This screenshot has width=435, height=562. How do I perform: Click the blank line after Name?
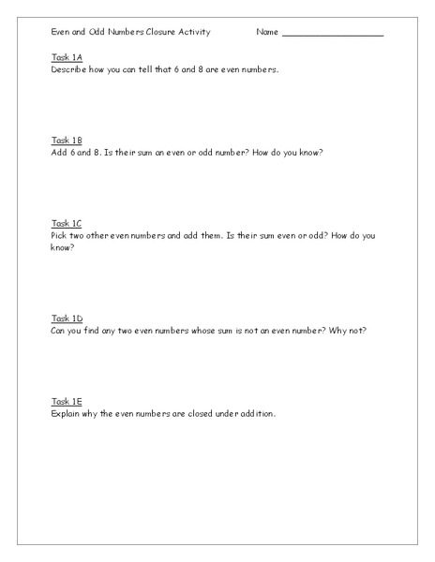pyautogui.click(x=333, y=33)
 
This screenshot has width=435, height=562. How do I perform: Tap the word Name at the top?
pyautogui.click(x=267, y=32)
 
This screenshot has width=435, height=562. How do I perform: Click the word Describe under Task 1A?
pyautogui.click(x=68, y=69)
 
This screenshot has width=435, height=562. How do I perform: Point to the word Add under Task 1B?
pyautogui.click(x=59, y=152)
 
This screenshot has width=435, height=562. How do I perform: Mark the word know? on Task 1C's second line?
pyautogui.click(x=63, y=246)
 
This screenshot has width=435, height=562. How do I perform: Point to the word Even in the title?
pyautogui.click(x=61, y=32)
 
